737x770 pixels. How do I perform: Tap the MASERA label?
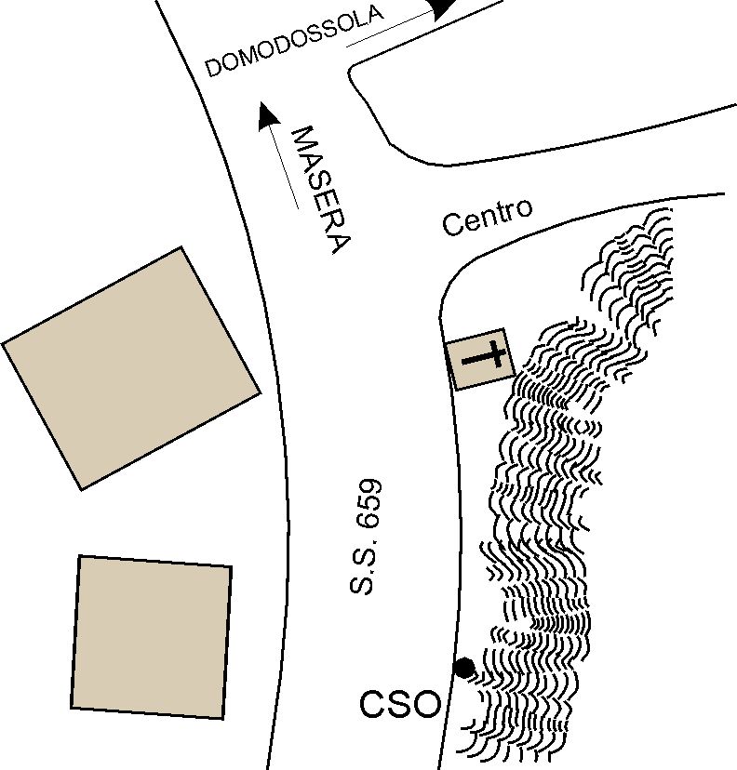click(x=322, y=190)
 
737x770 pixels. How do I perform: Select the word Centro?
click(x=487, y=218)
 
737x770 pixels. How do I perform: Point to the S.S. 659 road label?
click(x=365, y=537)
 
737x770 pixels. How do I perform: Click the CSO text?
click(x=400, y=704)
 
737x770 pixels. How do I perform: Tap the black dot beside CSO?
click(x=464, y=668)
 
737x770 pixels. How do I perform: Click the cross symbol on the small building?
click(x=485, y=357)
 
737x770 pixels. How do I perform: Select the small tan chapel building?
click(x=480, y=360)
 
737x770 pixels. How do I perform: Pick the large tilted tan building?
click(x=131, y=368)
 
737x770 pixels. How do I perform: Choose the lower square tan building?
click(x=152, y=637)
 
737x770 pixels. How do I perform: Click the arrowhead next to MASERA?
click(x=267, y=116)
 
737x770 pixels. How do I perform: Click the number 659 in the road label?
click(x=370, y=502)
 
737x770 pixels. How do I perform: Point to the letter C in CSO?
click(x=372, y=704)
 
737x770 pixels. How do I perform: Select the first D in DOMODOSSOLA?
click(x=214, y=68)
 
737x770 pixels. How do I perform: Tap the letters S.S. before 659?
click(x=363, y=564)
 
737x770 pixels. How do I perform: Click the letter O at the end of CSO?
click(x=426, y=704)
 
